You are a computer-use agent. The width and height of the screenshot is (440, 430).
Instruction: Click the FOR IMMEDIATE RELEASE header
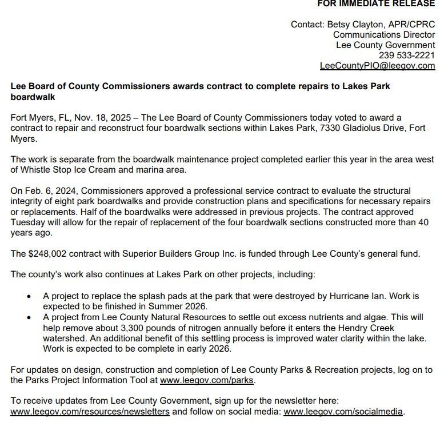pyautogui.click(x=376, y=4)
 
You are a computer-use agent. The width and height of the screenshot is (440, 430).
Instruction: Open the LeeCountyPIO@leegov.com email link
pyautogui.click(x=377, y=66)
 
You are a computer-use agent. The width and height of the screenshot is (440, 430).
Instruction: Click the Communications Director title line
pyautogui.click(x=384, y=35)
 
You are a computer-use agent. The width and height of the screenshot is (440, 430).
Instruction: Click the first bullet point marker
pyautogui.click(x=29, y=297)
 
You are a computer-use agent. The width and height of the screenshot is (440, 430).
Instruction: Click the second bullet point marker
pyautogui.click(x=29, y=317)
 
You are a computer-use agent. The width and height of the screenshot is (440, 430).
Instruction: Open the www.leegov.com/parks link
pyautogui.click(x=207, y=380)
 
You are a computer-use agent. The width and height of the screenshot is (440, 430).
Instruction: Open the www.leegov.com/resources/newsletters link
pyautogui.click(x=90, y=411)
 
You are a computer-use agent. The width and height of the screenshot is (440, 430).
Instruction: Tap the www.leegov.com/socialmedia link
pyautogui.click(x=343, y=411)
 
